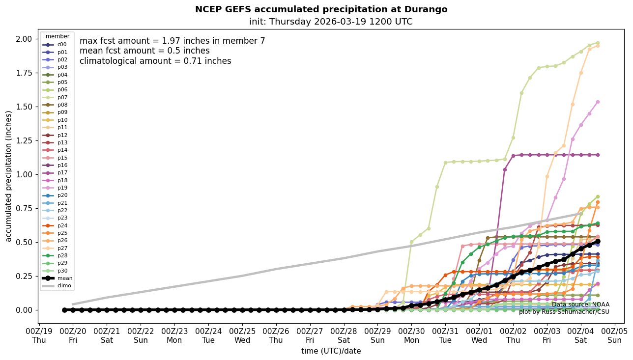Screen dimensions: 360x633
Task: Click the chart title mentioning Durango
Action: (x=321, y=9)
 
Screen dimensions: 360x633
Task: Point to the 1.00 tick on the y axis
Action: (x=24, y=174)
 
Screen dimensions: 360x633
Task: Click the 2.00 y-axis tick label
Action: (x=24, y=39)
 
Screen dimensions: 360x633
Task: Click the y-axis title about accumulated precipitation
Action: (x=8, y=176)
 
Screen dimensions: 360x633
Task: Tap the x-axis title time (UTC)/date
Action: (x=331, y=351)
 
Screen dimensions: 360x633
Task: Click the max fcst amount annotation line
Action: (x=172, y=41)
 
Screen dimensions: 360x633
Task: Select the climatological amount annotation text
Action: (x=155, y=61)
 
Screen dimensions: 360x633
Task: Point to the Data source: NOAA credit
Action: (x=580, y=305)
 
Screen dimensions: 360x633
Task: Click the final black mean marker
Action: (x=598, y=242)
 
